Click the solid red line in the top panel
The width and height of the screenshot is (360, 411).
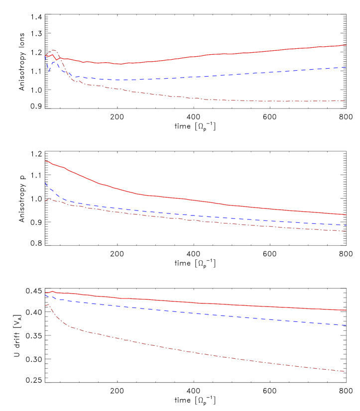click(x=199, y=56)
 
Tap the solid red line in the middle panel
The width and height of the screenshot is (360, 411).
click(x=199, y=201)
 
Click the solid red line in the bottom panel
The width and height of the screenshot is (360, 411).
click(x=199, y=303)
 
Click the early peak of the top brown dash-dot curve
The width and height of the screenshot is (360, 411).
click(x=53, y=50)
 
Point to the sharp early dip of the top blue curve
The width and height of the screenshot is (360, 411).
click(x=49, y=72)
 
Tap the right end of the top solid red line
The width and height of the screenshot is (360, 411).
click(x=346, y=45)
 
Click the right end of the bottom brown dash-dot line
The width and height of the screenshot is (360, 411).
click(x=346, y=371)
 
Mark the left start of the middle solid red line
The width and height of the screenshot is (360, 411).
click(x=45, y=161)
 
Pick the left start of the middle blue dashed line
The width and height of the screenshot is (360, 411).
click(x=45, y=183)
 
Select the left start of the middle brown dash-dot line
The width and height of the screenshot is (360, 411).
click(x=45, y=201)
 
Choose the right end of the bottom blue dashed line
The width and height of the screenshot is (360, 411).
click(x=346, y=325)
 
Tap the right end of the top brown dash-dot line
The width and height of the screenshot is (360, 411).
click(x=345, y=101)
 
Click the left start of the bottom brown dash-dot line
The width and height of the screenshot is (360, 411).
click(x=45, y=306)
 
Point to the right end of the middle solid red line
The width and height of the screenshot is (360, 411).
click(x=346, y=215)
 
